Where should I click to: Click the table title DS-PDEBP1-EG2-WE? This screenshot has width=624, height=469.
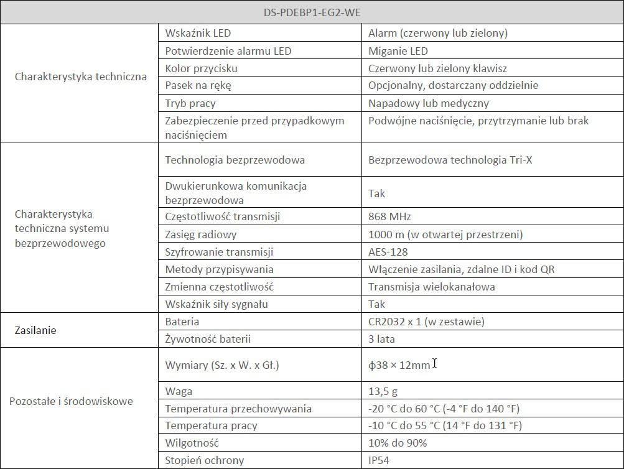point(312,12)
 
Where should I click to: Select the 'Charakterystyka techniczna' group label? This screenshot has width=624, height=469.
point(80,77)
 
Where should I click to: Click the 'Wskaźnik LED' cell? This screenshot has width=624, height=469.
point(198,33)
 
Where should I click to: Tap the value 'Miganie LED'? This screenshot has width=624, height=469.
point(398,51)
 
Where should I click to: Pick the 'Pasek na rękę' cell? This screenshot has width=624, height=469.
point(198,85)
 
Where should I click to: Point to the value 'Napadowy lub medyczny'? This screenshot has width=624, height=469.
point(429,103)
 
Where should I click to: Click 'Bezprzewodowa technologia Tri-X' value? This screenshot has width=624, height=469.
point(450,160)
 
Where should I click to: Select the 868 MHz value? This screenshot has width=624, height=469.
point(389,217)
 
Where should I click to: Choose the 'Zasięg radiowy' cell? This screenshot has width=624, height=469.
point(201,234)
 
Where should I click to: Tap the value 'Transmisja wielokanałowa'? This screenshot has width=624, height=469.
point(432,287)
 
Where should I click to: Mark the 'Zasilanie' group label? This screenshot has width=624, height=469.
point(35,330)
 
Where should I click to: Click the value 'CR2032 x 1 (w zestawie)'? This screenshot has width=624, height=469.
point(426,322)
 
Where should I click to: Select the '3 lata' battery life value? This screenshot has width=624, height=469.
point(381,339)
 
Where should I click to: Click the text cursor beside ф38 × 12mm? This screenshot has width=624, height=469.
point(434,364)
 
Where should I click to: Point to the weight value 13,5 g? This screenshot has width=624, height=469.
point(383,391)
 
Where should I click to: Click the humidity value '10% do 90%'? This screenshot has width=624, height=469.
point(398,443)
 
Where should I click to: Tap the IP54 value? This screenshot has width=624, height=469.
point(380,460)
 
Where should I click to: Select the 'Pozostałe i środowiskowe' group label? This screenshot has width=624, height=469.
point(71,401)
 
